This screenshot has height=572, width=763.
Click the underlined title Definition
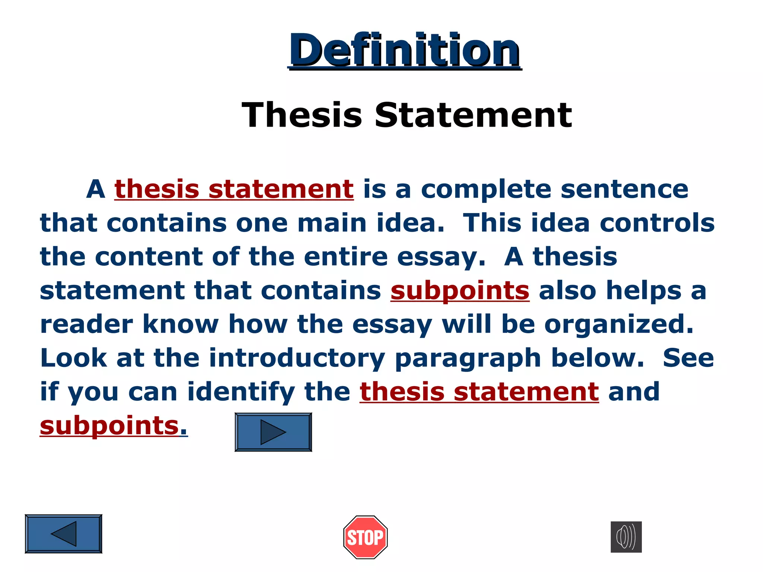(x=405, y=50)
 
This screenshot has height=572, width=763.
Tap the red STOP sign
(x=365, y=537)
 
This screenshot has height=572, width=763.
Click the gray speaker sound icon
(x=626, y=537)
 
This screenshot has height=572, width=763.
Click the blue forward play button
(x=273, y=432)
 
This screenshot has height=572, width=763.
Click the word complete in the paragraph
(x=486, y=189)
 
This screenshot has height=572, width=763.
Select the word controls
(x=657, y=223)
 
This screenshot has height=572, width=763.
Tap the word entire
(x=345, y=257)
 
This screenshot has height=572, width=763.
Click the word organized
(x=619, y=324)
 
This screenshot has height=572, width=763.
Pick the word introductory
(x=297, y=358)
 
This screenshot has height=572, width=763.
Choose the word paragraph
(x=468, y=358)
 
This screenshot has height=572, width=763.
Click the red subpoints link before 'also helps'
(x=460, y=291)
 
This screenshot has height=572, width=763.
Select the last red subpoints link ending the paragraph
(x=110, y=426)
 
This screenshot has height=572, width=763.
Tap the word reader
(x=86, y=324)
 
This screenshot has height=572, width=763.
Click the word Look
(x=73, y=358)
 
